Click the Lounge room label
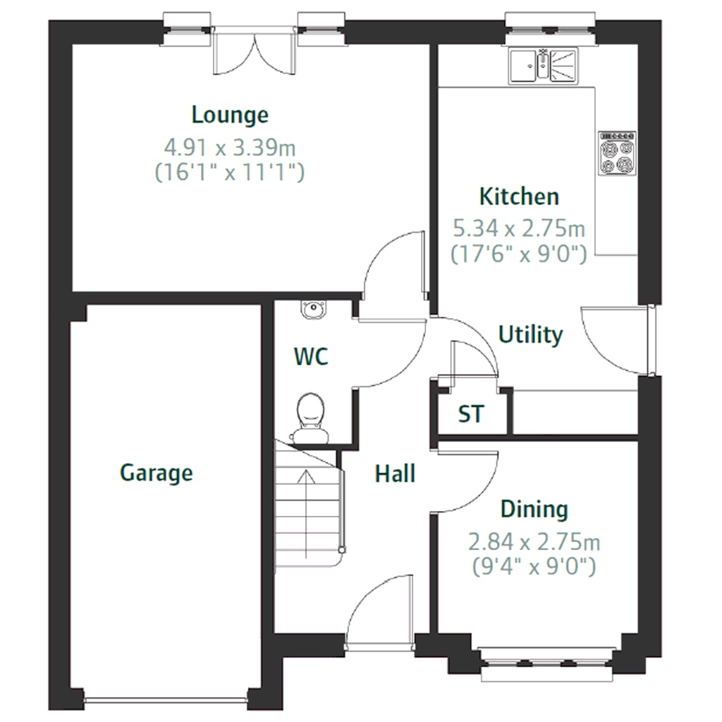tap(230, 115)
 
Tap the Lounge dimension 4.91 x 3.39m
tap(230, 148)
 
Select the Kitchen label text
tap(520, 197)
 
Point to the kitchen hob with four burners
tap(618, 153)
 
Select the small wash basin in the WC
tap(314, 308)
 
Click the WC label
tap(311, 356)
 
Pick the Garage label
tap(156, 473)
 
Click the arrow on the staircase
tap(306, 514)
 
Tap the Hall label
tap(395, 474)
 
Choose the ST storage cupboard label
tap(471, 414)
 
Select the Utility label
tap(530, 335)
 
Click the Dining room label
tap(534, 509)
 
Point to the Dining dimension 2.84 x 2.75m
tap(534, 542)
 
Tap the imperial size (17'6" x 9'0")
tap(519, 254)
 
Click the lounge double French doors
tap(254, 51)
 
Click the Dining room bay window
tap(546, 663)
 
